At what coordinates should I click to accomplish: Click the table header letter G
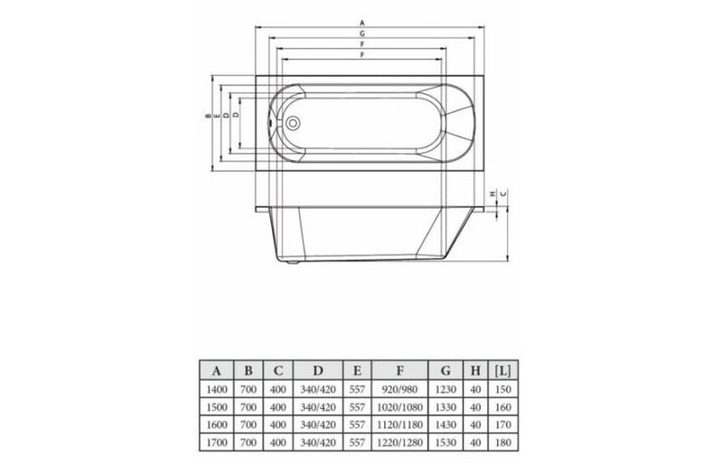pos(445,369)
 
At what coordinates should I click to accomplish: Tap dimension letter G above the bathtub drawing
pos(361,33)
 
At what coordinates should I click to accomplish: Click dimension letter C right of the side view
pos(503,194)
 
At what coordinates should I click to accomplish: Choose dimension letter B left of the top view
pos(208,117)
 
